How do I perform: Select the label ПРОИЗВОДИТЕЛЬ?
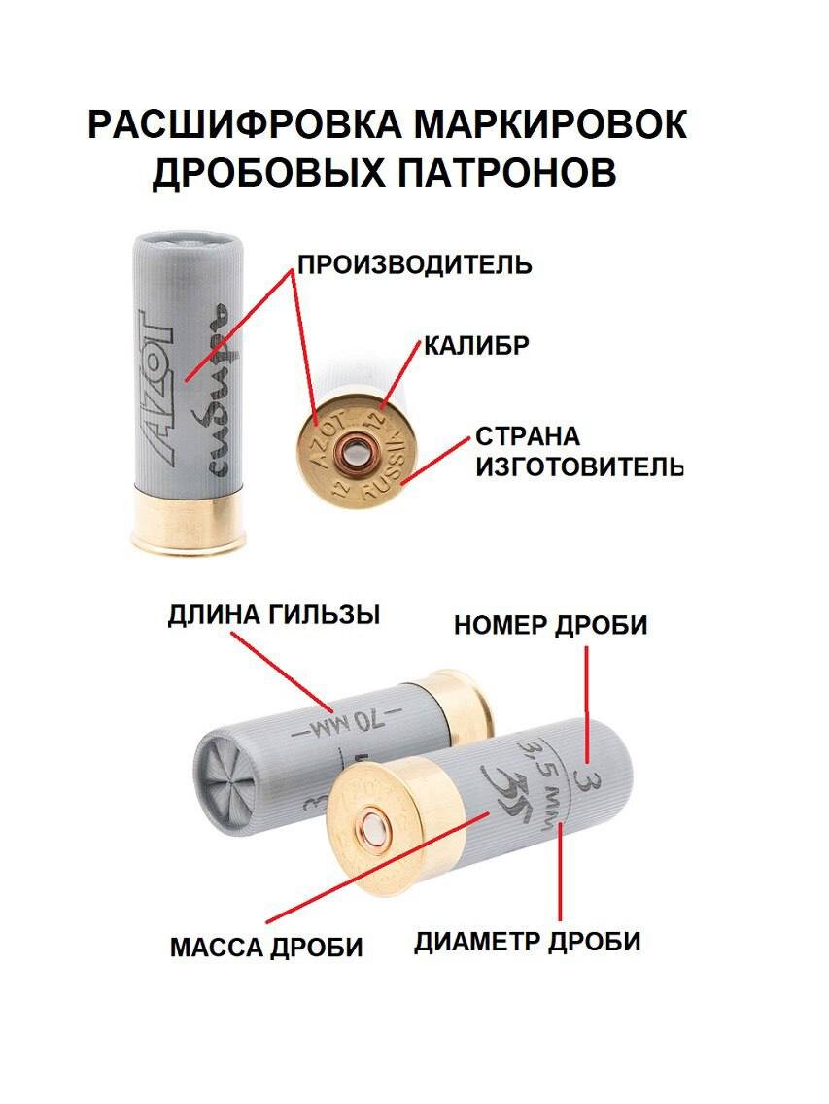tap(415, 265)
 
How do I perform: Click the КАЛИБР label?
tap(476, 346)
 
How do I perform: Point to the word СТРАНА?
tap(528, 436)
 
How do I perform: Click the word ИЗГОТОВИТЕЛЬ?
tap(579, 466)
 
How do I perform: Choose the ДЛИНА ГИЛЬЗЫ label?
tap(273, 615)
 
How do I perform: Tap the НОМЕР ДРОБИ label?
tap(550, 625)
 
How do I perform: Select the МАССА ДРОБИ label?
tap(266, 947)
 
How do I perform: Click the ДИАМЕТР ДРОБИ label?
tap(527, 942)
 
